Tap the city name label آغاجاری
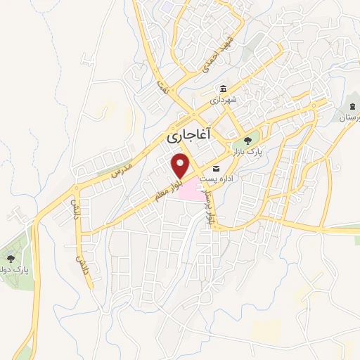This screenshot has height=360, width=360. pyautogui.click(x=191, y=136)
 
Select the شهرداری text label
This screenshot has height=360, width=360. pyautogui.click(x=224, y=101)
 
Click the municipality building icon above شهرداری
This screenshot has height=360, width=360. pyautogui.click(x=223, y=89)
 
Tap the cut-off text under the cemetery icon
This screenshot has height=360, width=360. pyautogui.click(x=349, y=118)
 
